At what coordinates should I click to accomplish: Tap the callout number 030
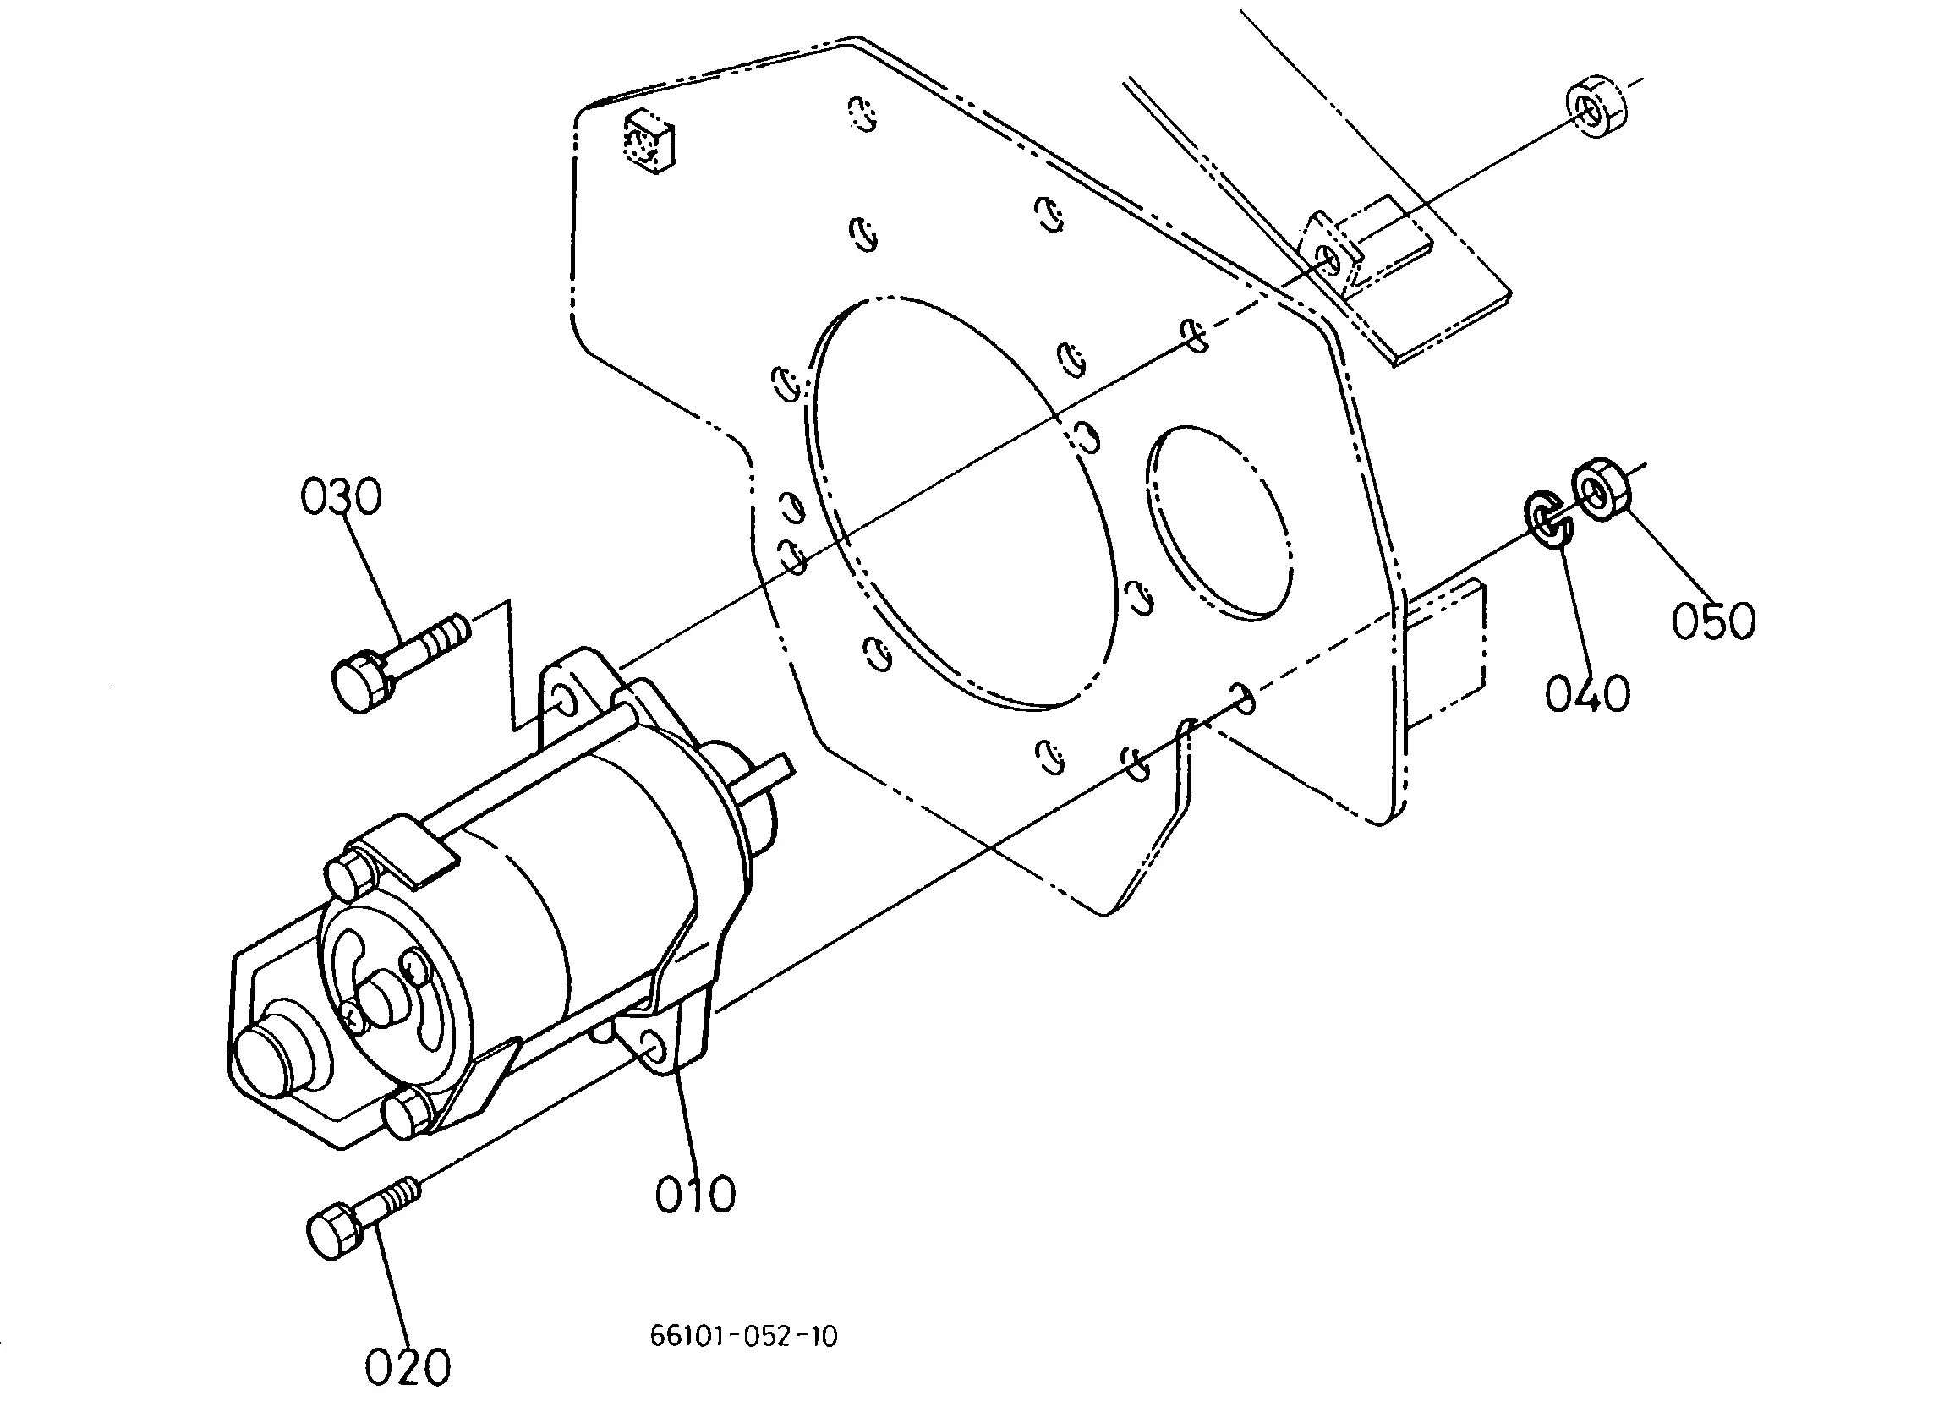[x=340, y=497]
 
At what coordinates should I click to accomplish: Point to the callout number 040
[x=1587, y=693]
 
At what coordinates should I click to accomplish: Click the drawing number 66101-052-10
[x=744, y=1337]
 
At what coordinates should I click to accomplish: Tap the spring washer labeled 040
[x=1547, y=517]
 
